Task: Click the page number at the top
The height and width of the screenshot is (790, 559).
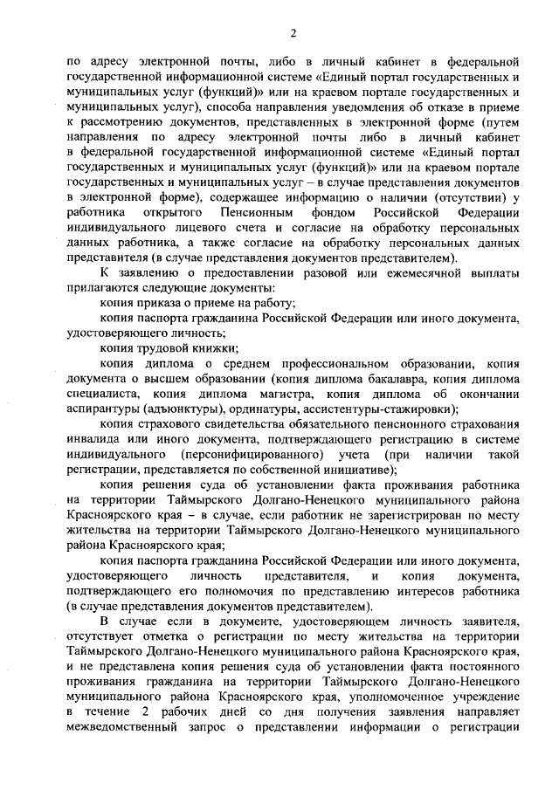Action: pos(294,33)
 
